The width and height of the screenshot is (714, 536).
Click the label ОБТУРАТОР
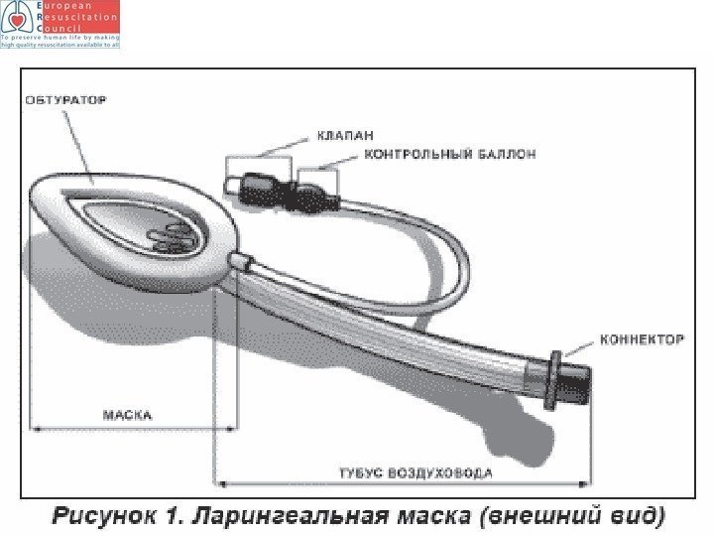point(65,100)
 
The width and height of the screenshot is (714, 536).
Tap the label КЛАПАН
point(344,136)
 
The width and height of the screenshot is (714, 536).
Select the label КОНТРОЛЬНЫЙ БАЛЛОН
point(451,155)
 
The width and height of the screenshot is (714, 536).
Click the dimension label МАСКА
point(128,415)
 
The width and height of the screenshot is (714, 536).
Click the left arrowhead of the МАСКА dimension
point(37,428)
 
